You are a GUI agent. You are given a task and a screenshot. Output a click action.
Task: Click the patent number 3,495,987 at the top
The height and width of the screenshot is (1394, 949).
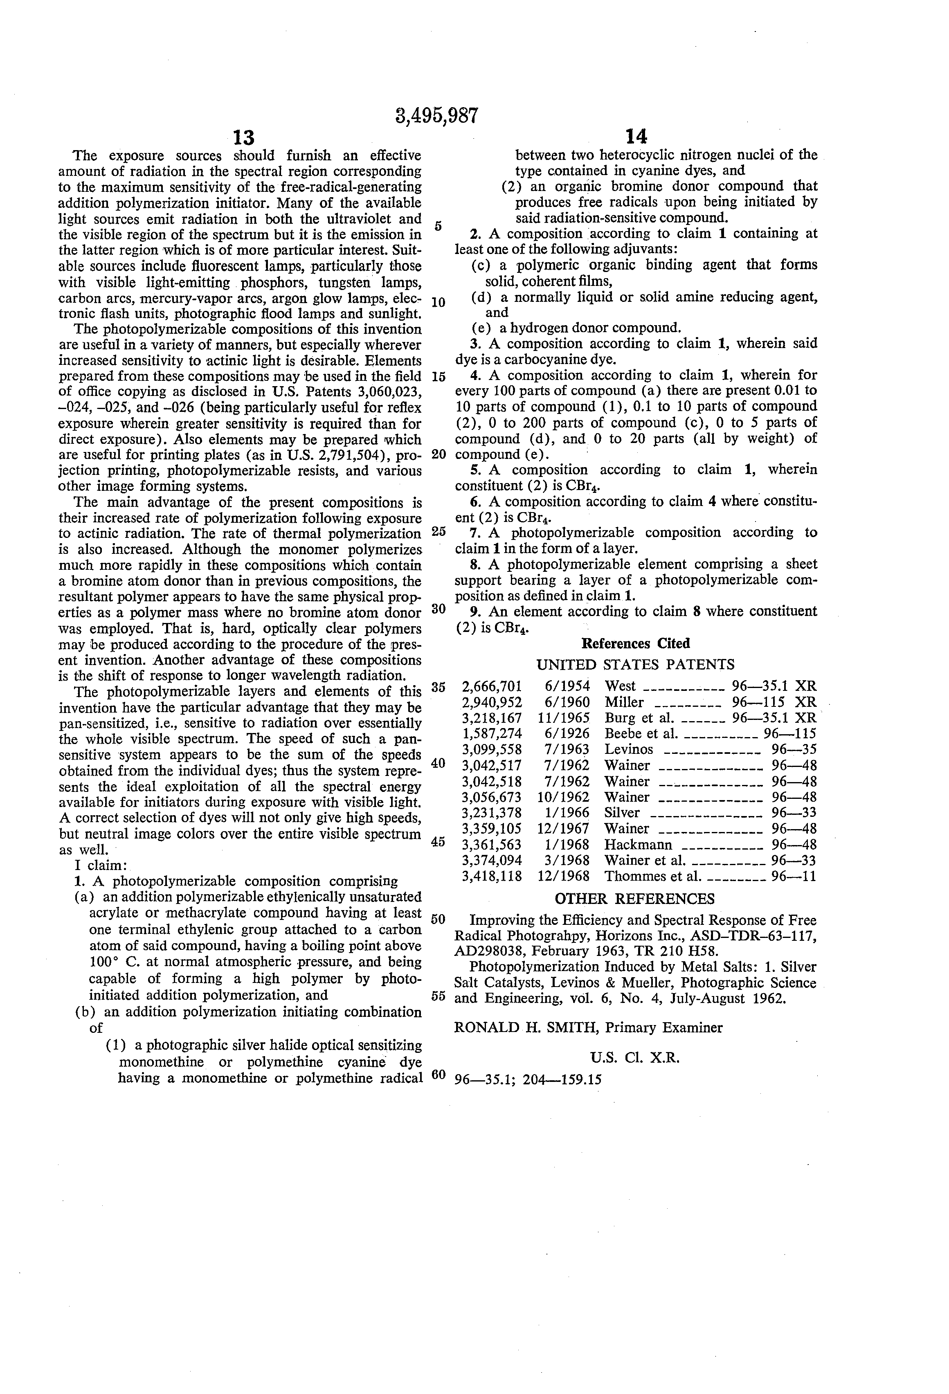coord(437,115)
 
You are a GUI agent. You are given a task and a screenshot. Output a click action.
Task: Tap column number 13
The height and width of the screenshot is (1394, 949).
coord(243,138)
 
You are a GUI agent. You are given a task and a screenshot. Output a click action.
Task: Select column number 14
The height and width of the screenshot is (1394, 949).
coord(636,137)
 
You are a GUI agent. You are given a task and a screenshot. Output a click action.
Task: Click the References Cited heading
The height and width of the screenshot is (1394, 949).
coord(636,643)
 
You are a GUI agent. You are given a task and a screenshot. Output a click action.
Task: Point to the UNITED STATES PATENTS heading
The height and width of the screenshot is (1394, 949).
coord(635,665)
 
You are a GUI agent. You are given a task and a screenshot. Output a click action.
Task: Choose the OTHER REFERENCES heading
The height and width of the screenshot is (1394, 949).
coord(635,899)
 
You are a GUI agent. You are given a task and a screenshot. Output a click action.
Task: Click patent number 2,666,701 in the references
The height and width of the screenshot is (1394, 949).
coord(492,686)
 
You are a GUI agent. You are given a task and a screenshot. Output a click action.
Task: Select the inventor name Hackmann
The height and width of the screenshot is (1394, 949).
coord(638,845)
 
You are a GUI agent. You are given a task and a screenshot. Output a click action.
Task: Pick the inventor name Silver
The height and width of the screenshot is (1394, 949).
coord(622,813)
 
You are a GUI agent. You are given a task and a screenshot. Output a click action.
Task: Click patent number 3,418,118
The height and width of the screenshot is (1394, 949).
coord(492,876)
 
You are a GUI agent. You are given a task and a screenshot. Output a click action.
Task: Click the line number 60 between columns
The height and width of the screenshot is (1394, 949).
coord(439,1074)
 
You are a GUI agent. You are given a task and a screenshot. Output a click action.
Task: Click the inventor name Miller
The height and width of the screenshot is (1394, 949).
coord(624,702)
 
